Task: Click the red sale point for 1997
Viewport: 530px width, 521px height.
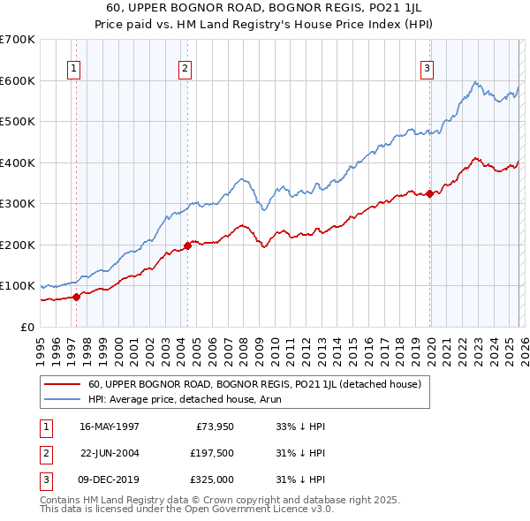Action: click(77, 297)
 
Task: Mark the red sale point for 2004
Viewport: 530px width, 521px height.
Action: click(187, 245)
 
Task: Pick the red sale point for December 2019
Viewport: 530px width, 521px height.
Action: click(429, 193)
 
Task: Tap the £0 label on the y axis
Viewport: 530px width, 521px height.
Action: click(28, 327)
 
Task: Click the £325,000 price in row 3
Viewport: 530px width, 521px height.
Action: click(212, 479)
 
